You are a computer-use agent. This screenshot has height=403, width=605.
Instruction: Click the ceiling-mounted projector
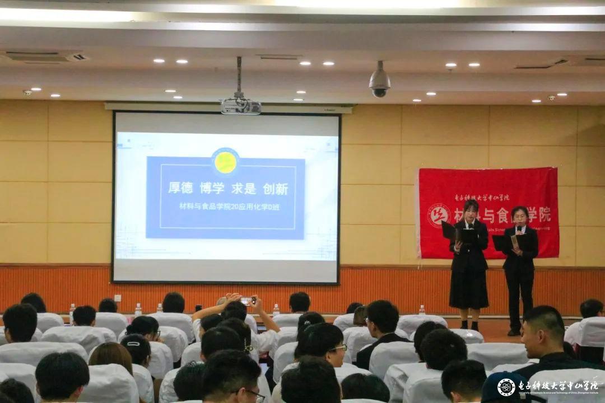pyautogui.click(x=240, y=106)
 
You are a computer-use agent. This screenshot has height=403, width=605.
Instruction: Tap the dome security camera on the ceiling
pyautogui.click(x=379, y=83)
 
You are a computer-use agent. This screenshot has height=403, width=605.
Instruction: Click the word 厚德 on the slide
pyautogui.click(x=180, y=188)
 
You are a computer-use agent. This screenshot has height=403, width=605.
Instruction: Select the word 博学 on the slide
pyautogui.click(x=212, y=188)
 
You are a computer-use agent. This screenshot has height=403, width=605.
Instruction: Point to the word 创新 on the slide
pyautogui.click(x=275, y=189)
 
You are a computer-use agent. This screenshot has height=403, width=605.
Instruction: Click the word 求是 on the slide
pyautogui.click(x=244, y=188)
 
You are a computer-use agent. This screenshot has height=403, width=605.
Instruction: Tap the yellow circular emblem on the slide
pyautogui.click(x=225, y=162)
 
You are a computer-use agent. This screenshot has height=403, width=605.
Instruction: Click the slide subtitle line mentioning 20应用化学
pyautogui.click(x=229, y=206)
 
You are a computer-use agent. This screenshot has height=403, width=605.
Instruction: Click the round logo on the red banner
pyautogui.click(x=439, y=215)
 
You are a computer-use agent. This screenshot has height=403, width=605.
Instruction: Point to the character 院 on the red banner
pyautogui.click(x=544, y=214)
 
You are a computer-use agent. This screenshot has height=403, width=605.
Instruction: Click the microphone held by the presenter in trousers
pyautogui.click(x=519, y=229)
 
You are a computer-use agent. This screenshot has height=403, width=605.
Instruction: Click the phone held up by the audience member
pyautogui.click(x=246, y=301)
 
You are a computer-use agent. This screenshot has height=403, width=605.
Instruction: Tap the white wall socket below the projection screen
pyautogui.click(x=118, y=298)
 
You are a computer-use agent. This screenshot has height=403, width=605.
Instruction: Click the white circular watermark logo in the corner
pyautogui.click(x=506, y=387)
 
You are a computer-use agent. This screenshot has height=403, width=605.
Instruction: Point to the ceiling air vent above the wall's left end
pyautogui.click(x=45, y=57)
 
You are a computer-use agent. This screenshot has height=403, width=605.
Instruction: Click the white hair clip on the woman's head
pyautogui.click(x=133, y=344)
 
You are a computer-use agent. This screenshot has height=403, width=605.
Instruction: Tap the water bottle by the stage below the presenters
pyautogui.click(x=422, y=310)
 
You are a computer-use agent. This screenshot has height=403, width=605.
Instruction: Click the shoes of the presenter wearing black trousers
pyautogui.click(x=513, y=332)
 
